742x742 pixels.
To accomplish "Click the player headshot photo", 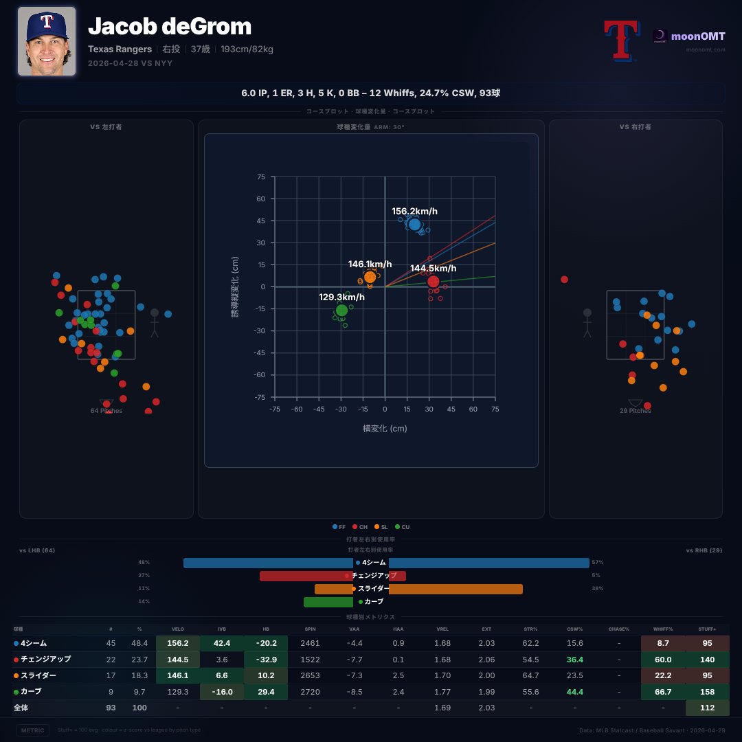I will point(46,41).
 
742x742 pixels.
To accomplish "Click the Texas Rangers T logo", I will point(619,40).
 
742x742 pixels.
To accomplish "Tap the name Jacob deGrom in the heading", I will point(170,27).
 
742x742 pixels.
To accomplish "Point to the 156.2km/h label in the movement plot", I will point(415,212).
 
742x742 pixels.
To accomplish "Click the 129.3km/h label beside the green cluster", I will point(341,297).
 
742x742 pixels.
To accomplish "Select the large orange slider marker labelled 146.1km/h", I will point(370,277).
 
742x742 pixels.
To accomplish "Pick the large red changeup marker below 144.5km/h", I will point(434,282).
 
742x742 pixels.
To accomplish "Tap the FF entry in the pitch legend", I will point(339,527).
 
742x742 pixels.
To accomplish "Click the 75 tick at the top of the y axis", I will point(260,177).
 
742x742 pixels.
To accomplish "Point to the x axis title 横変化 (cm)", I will point(385,429).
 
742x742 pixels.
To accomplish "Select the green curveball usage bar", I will point(328,602).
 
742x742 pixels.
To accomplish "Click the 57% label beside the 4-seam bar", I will point(598,563).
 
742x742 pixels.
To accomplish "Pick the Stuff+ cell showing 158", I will point(707,691).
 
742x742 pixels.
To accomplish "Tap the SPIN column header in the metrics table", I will point(310,629).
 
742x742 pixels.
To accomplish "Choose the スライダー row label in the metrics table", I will point(39,675).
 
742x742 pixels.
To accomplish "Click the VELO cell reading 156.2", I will point(178,643).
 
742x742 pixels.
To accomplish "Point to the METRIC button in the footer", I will point(33,730).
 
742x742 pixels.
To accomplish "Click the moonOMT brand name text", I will point(697,35).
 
